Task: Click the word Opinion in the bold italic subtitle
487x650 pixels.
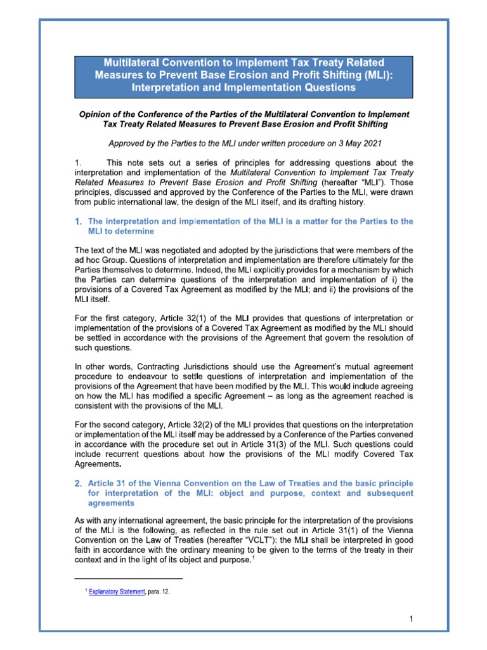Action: pos(95,114)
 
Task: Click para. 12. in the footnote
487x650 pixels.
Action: pos(157,591)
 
